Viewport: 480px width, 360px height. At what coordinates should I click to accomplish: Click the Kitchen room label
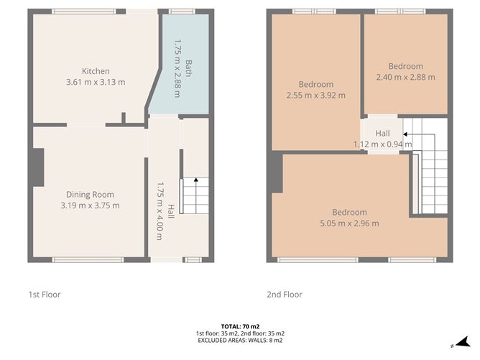[96, 71]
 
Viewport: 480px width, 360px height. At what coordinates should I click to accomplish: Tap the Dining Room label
[90, 195]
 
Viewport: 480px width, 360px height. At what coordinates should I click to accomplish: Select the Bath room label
[189, 68]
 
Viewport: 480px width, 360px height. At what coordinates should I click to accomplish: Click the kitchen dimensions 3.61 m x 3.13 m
[96, 82]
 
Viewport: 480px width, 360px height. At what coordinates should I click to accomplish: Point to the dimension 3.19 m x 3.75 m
[90, 206]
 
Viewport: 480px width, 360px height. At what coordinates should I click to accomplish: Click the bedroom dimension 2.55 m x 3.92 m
[316, 96]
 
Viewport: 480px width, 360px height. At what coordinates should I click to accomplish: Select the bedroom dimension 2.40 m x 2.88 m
[405, 77]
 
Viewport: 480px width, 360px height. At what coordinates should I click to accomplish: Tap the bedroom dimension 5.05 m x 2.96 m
[349, 223]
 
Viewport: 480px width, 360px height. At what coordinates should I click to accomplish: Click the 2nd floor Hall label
[382, 134]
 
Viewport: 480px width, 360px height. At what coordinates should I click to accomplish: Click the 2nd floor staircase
[433, 169]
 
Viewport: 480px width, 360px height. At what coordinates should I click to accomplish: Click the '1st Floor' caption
[44, 295]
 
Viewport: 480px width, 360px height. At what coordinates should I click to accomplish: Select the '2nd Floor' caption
[285, 295]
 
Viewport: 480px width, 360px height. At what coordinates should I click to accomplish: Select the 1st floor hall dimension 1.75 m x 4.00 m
[165, 205]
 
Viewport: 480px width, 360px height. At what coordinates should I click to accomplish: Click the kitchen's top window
[84, 11]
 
